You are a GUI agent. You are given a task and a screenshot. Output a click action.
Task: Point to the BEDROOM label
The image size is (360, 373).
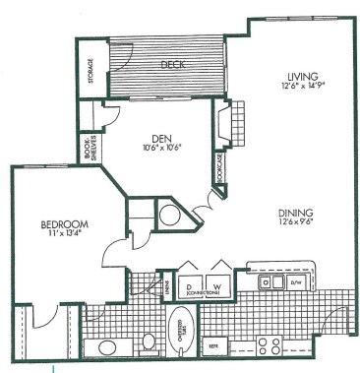tap(44, 223)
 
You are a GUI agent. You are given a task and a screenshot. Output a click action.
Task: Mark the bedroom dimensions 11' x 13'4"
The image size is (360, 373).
tap(44, 234)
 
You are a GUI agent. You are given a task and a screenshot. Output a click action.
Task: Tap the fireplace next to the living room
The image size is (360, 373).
tap(224, 124)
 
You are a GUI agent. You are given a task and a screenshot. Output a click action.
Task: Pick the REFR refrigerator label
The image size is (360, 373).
tap(211, 347)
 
